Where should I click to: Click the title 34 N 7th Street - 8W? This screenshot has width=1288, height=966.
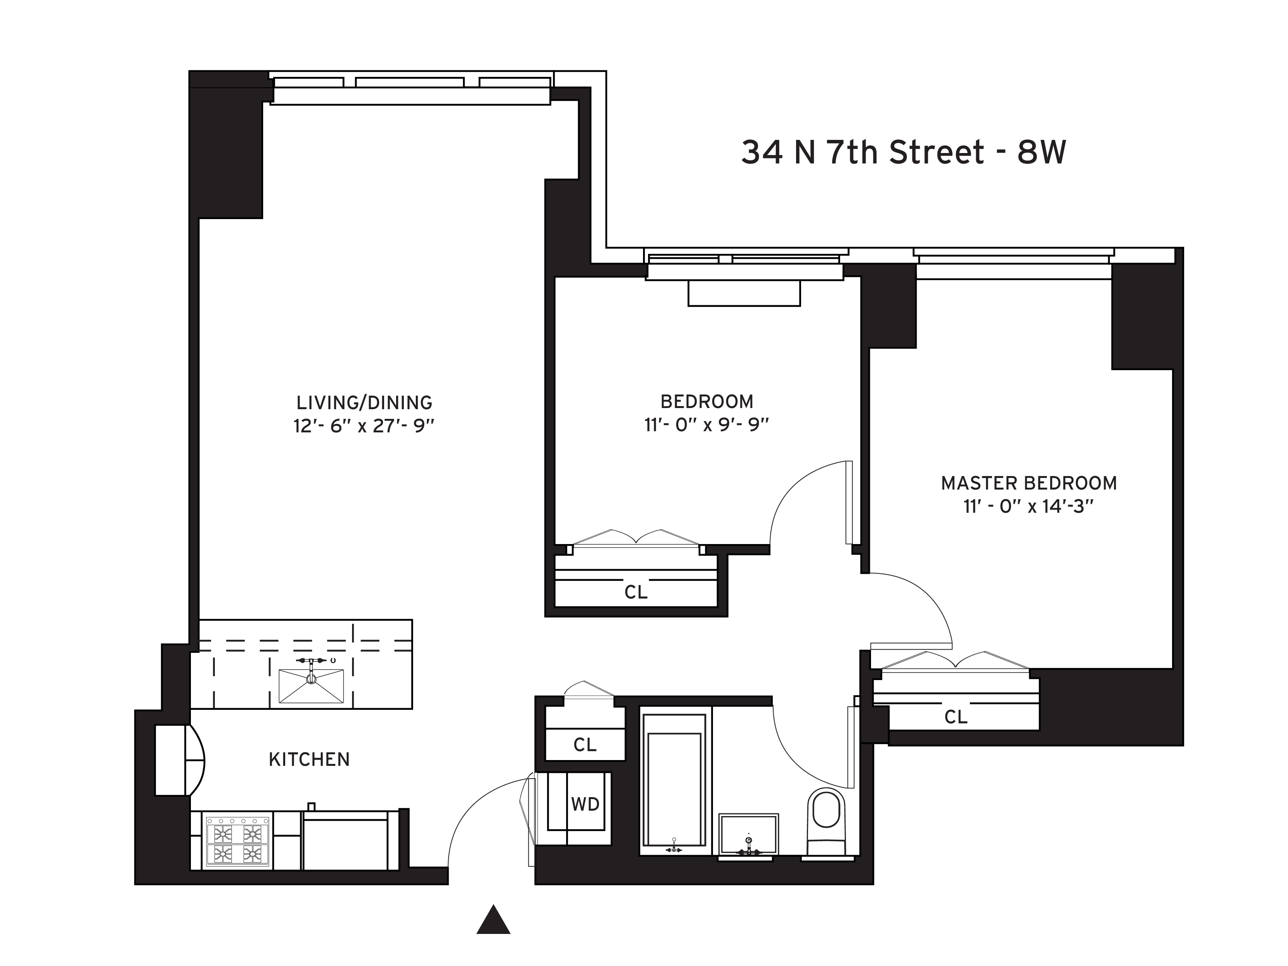coord(903,153)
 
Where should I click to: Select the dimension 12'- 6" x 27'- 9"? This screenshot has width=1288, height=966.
coord(364,426)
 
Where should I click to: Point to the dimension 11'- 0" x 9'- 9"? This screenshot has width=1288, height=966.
coord(706,425)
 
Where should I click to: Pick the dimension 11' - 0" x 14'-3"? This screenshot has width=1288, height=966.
coord(1029,507)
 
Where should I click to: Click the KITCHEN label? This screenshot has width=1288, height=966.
coord(309,759)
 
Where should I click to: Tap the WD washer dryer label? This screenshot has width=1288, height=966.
coord(585,805)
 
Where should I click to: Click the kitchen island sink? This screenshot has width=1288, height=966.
coord(311,686)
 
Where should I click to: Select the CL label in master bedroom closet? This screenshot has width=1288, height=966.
coord(956,717)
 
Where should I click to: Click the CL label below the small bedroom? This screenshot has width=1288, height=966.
coord(635,592)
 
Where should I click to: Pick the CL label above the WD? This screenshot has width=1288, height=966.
coord(585,745)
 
